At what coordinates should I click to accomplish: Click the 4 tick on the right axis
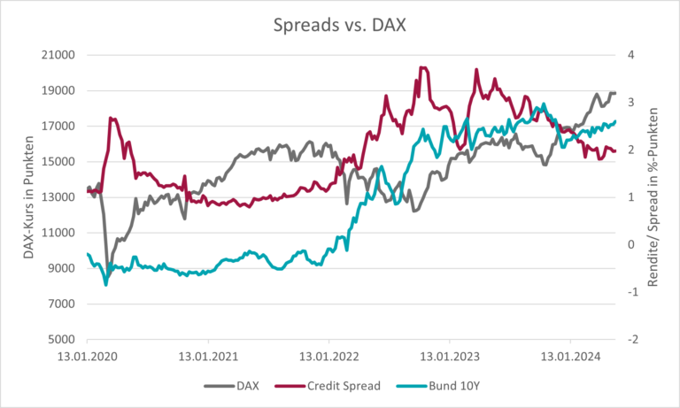pyautogui.click(x=630, y=55)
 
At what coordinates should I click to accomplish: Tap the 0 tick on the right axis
pyautogui.click(x=630, y=245)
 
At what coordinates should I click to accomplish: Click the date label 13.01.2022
pyautogui.click(x=328, y=358)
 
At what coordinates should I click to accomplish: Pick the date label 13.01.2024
pyautogui.click(x=569, y=358)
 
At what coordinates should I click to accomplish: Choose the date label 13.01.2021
pyautogui.click(x=208, y=358)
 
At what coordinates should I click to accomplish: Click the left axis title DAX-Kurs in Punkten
pyautogui.click(x=28, y=196)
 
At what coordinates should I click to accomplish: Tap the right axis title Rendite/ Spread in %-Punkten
pyautogui.click(x=654, y=196)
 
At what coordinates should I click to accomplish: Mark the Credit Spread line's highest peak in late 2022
pyautogui.click(x=422, y=67)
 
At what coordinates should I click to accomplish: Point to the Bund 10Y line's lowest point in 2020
pyautogui.click(x=106, y=284)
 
